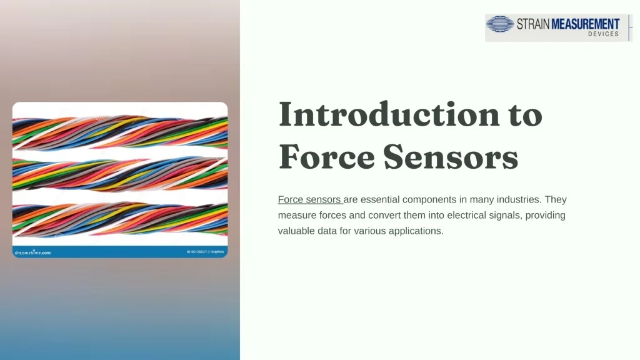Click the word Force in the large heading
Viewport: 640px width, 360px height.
[326, 156]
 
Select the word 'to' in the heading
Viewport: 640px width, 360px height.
[521, 114]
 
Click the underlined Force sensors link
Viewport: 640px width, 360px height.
[309, 200]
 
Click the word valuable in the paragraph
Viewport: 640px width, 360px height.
[297, 231]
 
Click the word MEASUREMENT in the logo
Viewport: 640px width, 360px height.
[586, 24]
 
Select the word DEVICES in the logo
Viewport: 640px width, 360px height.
[603, 34]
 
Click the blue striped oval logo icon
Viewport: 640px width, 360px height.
[500, 24]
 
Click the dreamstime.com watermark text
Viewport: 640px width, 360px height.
[32, 252]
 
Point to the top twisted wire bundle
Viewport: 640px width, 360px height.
[120, 132]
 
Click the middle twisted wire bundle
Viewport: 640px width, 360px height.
[120, 174]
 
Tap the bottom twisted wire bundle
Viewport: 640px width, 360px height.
[120, 218]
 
